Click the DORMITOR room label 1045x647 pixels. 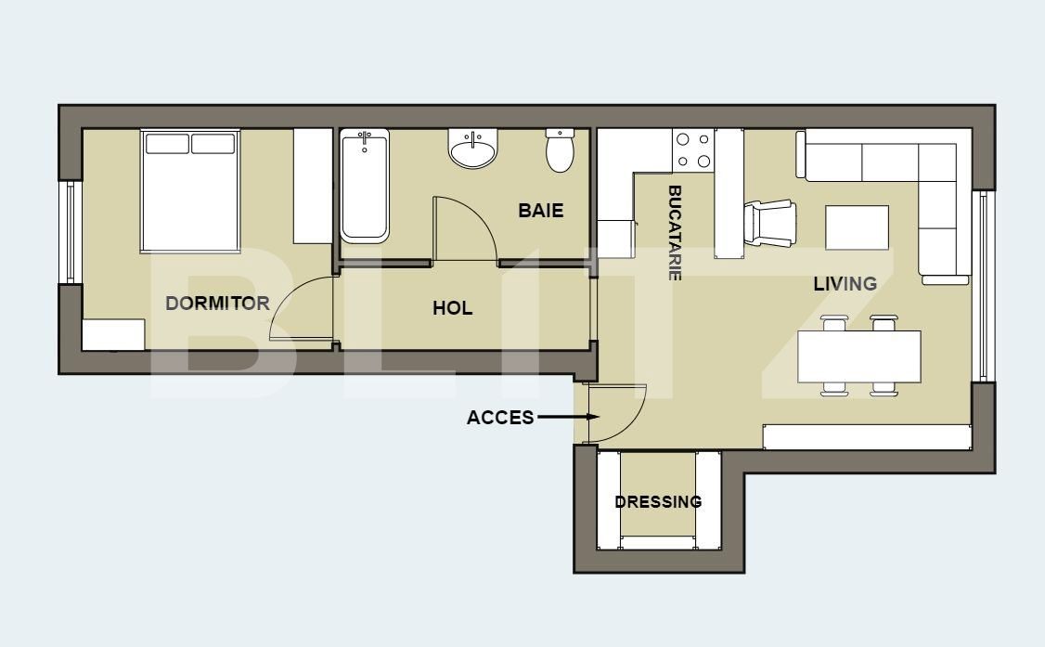(x=217, y=303)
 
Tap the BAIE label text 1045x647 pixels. (x=540, y=211)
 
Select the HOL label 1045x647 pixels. (x=452, y=308)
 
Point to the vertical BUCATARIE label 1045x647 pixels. (x=675, y=233)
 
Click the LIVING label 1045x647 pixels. (x=845, y=284)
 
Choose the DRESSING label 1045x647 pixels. (x=658, y=502)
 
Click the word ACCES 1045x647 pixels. (x=500, y=418)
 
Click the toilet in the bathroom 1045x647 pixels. (x=560, y=151)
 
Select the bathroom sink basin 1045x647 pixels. (x=473, y=149)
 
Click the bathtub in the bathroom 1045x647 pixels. (x=365, y=187)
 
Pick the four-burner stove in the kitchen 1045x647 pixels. (x=692, y=150)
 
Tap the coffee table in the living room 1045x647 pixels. (x=857, y=227)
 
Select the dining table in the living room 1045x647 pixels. (x=859, y=357)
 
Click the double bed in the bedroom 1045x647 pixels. (x=190, y=191)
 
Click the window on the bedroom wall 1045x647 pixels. (x=69, y=232)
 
